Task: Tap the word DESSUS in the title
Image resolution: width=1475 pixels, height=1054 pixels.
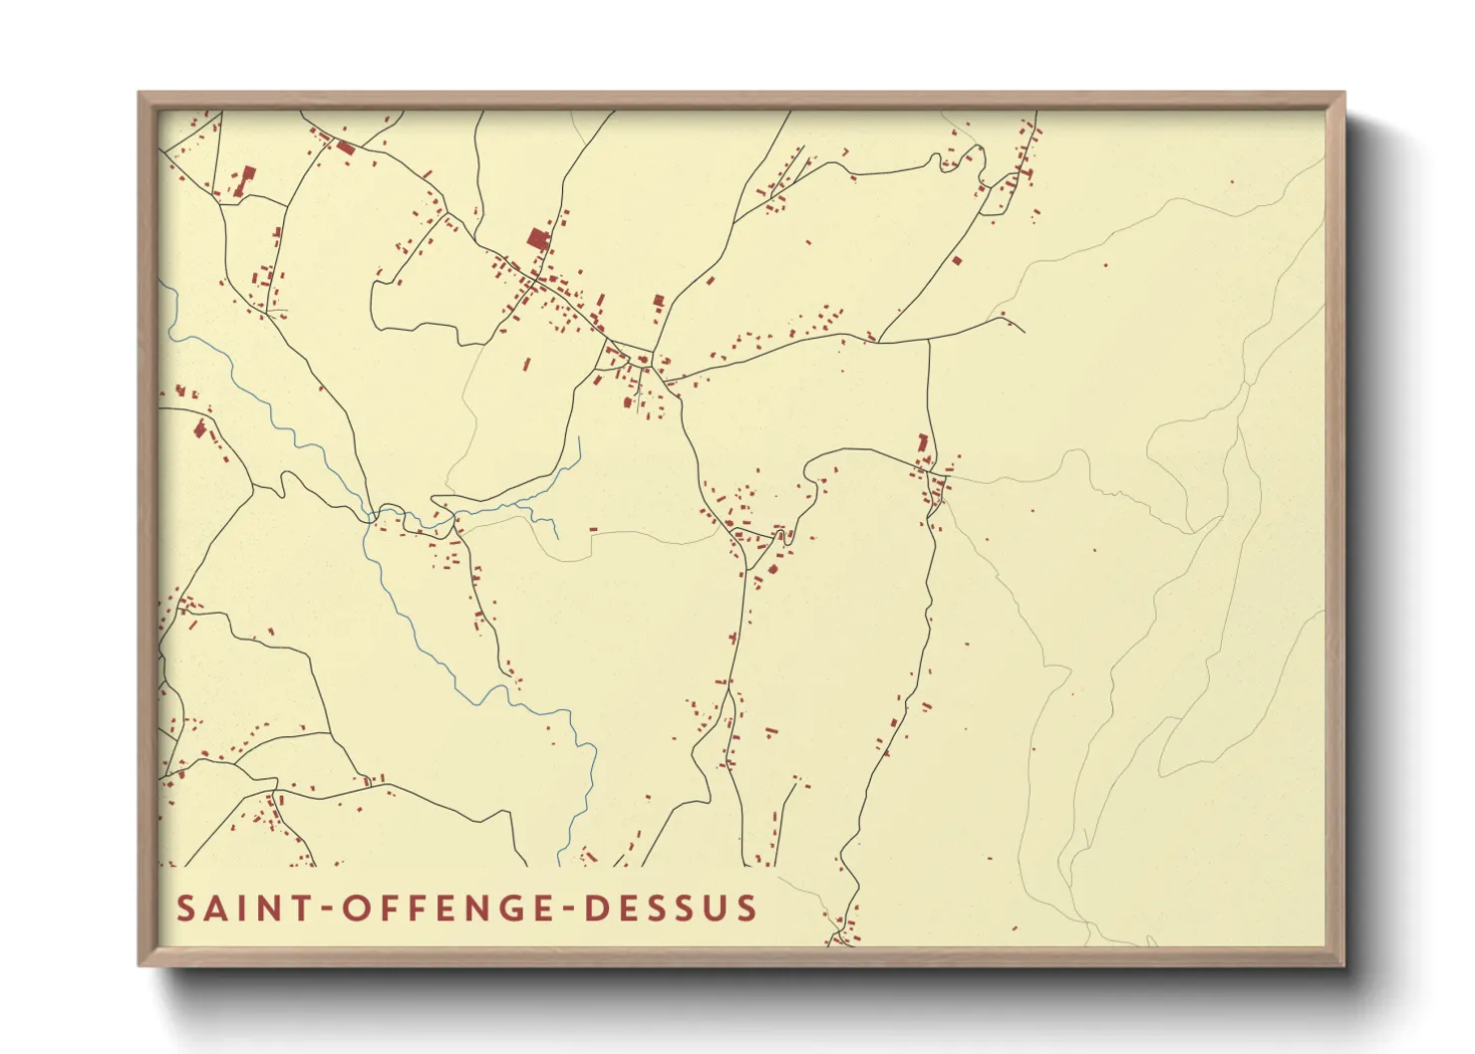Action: pyautogui.click(x=671, y=909)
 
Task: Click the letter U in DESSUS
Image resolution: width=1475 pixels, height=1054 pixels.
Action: pyautogui.click(x=720, y=909)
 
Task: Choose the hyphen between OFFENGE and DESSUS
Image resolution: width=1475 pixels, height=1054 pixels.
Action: pyautogui.click(x=566, y=910)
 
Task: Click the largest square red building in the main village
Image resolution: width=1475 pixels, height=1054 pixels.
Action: pyautogui.click(x=538, y=239)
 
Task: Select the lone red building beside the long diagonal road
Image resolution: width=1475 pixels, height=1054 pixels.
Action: pyautogui.click(x=957, y=261)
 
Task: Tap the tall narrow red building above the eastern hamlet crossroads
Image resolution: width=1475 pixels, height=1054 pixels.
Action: pyautogui.click(x=923, y=443)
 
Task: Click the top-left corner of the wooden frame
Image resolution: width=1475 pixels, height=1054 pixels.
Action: pyautogui.click(x=140, y=94)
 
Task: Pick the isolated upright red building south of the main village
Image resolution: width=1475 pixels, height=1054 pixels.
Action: pyautogui.click(x=527, y=364)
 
